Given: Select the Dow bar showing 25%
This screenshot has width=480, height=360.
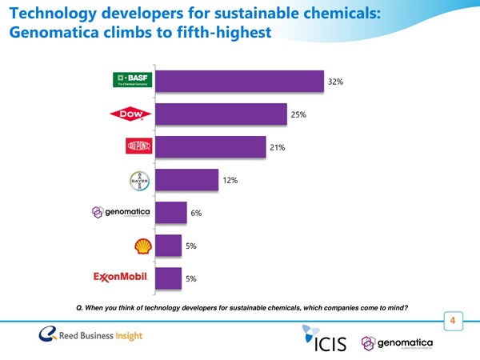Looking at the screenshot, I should pos(222,115).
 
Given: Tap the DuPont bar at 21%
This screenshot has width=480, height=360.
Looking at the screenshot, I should pos(211,148).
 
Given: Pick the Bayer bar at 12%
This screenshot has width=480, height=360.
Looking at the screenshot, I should pos(187,181).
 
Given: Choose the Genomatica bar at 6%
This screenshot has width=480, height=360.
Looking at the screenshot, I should pos(171,213).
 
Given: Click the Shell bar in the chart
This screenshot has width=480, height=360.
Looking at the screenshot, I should pos(169,246).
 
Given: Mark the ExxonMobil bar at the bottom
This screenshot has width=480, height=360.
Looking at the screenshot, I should pos(169,278).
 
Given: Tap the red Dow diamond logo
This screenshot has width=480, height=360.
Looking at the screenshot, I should pos(130,115).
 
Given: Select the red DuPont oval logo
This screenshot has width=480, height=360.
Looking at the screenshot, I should pos(138,147).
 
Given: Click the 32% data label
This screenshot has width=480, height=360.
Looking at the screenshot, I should pos(335,82).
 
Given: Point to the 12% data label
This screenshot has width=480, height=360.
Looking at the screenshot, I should pos(230,181).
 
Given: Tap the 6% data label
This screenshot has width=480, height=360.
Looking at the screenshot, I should pos(195,214).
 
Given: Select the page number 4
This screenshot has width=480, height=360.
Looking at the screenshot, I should pos(454,322).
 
